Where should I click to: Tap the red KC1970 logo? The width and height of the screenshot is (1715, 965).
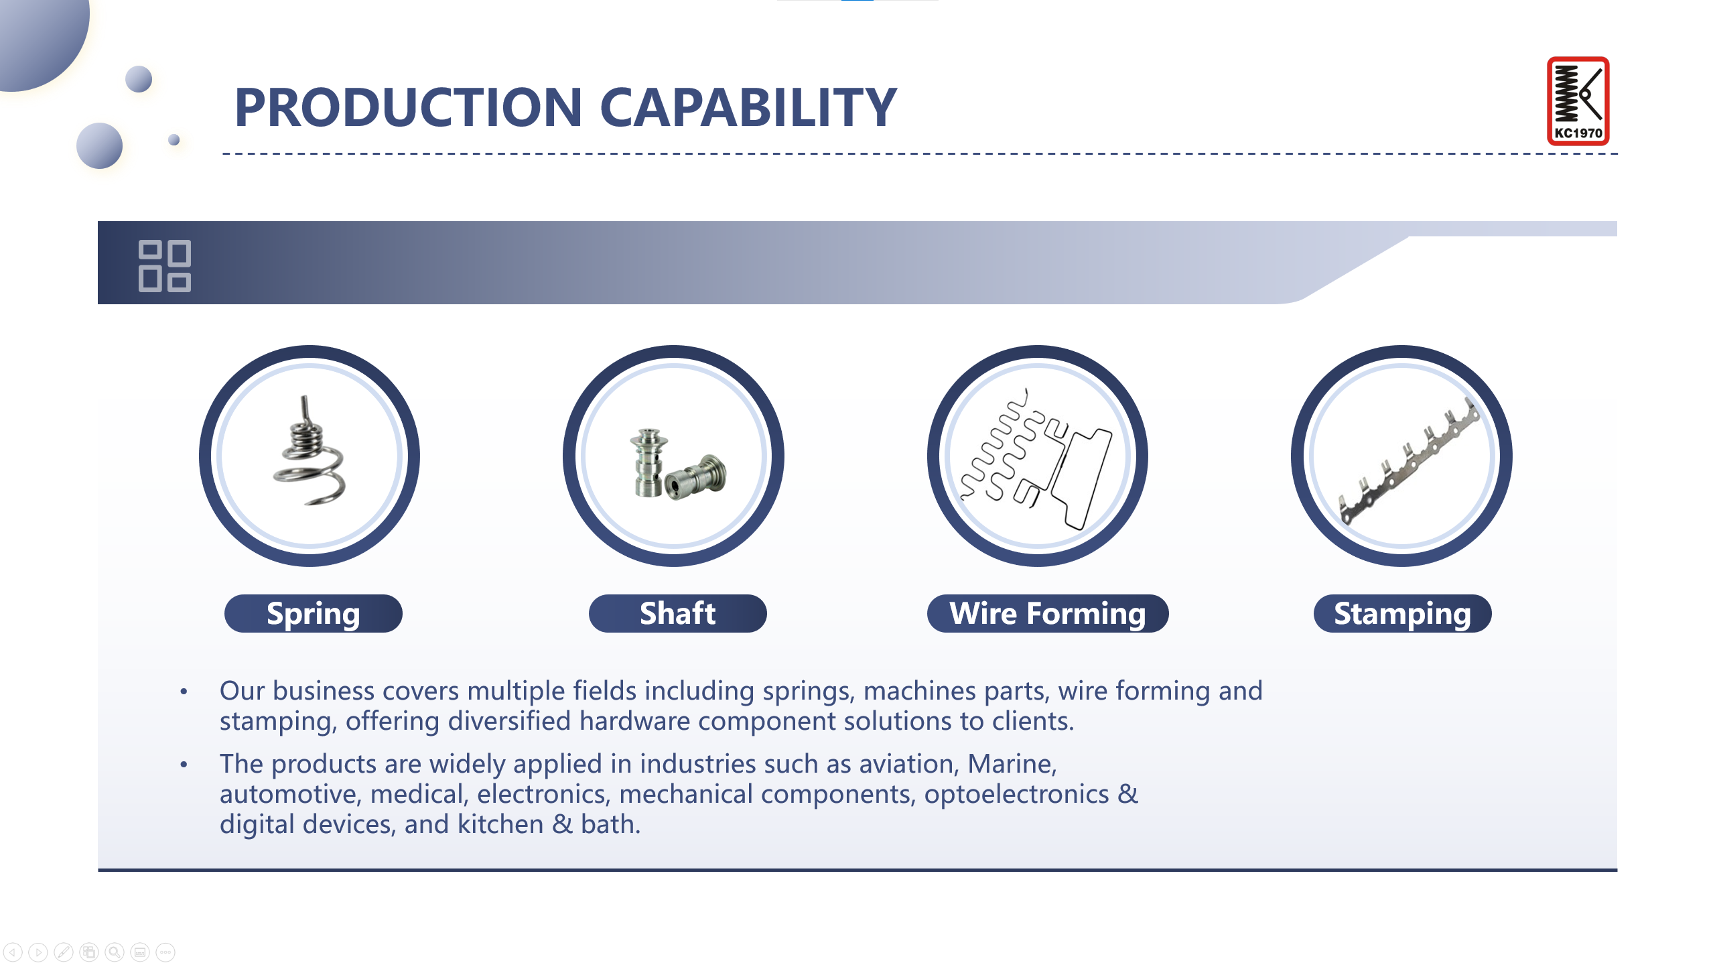click(x=1578, y=101)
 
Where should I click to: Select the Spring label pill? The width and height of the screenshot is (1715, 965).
click(x=313, y=613)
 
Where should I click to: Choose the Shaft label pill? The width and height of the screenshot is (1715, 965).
click(x=677, y=613)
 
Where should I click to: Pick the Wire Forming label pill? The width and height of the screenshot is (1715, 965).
click(x=1048, y=613)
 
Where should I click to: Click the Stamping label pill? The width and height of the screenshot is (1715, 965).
click(x=1402, y=613)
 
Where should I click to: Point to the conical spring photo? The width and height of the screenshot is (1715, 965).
click(x=310, y=450)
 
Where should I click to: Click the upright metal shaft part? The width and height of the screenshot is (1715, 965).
click(x=648, y=462)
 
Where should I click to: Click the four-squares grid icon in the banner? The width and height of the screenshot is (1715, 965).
click(x=165, y=266)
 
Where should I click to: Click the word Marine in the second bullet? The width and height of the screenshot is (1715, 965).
click(x=1012, y=764)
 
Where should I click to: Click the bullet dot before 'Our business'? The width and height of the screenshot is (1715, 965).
click(x=184, y=691)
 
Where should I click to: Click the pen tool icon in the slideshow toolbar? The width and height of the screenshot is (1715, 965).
click(x=64, y=952)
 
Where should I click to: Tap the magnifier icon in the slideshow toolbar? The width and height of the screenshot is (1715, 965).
click(x=115, y=952)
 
